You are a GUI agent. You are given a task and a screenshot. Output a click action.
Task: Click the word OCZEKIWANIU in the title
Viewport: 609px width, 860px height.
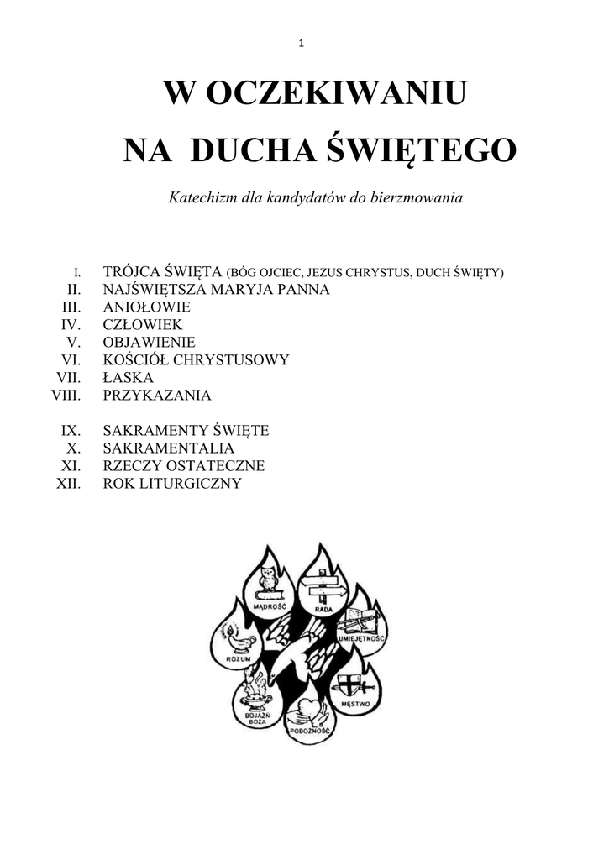pyautogui.click(x=335, y=94)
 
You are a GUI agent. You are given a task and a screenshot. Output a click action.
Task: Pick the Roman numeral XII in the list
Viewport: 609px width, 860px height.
pyautogui.click(x=68, y=484)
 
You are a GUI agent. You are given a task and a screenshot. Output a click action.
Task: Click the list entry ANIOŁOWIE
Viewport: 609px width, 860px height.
pyautogui.click(x=146, y=307)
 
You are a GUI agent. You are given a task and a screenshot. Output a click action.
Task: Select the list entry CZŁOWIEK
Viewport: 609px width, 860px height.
pyautogui.click(x=142, y=324)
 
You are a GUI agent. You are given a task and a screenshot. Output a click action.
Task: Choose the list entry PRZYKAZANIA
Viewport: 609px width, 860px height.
pyautogui.click(x=156, y=395)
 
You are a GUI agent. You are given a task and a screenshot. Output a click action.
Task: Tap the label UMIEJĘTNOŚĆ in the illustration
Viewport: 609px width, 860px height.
pyautogui.click(x=361, y=639)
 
